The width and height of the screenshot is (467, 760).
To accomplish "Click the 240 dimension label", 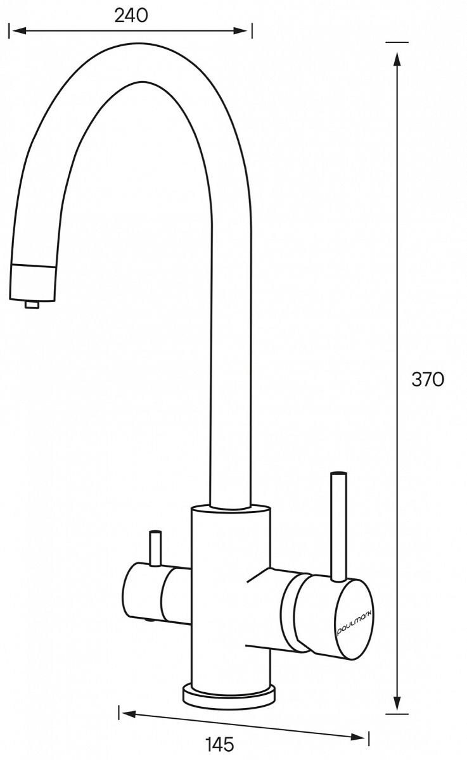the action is (131, 16).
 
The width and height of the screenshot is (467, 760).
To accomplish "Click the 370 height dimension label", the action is (428, 379).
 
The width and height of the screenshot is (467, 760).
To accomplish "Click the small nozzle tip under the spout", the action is (32, 305).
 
